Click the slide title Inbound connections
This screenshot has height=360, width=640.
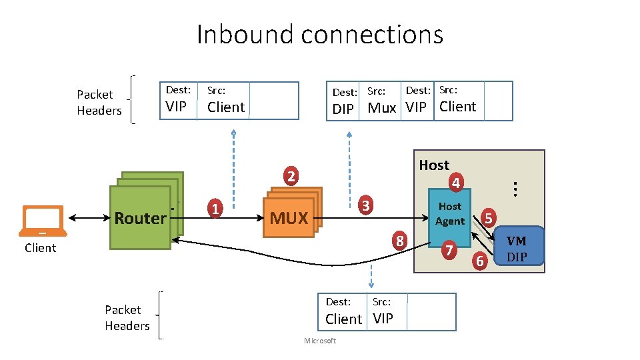[x=320, y=34]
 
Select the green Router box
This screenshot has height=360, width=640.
[x=140, y=218]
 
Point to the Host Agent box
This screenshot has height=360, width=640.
[x=449, y=213]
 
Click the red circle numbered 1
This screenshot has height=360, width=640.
[x=215, y=208]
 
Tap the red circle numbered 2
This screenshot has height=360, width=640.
[x=290, y=177]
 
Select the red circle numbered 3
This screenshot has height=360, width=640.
[x=366, y=205]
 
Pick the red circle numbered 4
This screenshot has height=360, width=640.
[x=455, y=181]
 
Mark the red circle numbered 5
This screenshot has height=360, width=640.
[x=489, y=217]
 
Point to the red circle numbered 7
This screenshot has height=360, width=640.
[x=449, y=251]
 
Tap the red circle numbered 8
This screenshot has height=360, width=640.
[x=399, y=241]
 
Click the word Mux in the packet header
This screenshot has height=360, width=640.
[x=382, y=108]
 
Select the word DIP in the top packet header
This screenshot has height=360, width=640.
[x=343, y=109]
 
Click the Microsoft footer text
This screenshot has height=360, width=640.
[x=320, y=341]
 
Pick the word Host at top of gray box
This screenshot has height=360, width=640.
[x=434, y=165]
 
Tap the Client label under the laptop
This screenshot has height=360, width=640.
[x=41, y=248]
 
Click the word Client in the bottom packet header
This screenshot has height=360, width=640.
[x=343, y=319]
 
